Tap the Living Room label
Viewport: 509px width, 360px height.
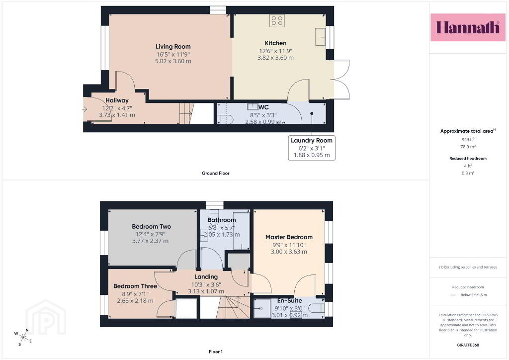tap(173, 46)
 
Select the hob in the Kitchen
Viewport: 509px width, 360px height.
tap(277, 21)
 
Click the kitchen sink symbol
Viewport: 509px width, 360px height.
tap(320, 37)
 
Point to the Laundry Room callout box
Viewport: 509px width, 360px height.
tap(312, 148)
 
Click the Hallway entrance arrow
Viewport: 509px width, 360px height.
tap(85, 109)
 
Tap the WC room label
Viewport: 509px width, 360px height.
tap(263, 107)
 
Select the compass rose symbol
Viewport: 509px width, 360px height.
tap(23, 337)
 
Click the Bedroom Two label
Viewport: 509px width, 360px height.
tap(151, 226)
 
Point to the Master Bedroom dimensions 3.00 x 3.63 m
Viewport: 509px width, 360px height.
tap(289, 252)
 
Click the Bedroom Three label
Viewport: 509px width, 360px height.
tap(135, 286)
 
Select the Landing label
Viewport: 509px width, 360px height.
tap(206, 276)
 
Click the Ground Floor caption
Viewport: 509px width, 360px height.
tap(216, 173)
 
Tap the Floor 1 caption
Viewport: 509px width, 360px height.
tap(216, 352)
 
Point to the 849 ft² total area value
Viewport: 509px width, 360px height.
tap(468, 139)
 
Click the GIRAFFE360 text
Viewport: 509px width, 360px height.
tap(468, 345)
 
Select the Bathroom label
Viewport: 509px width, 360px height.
tap(222, 220)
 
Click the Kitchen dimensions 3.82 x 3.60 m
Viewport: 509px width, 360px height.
tap(275, 58)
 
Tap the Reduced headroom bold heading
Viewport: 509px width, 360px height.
tap(468, 159)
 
